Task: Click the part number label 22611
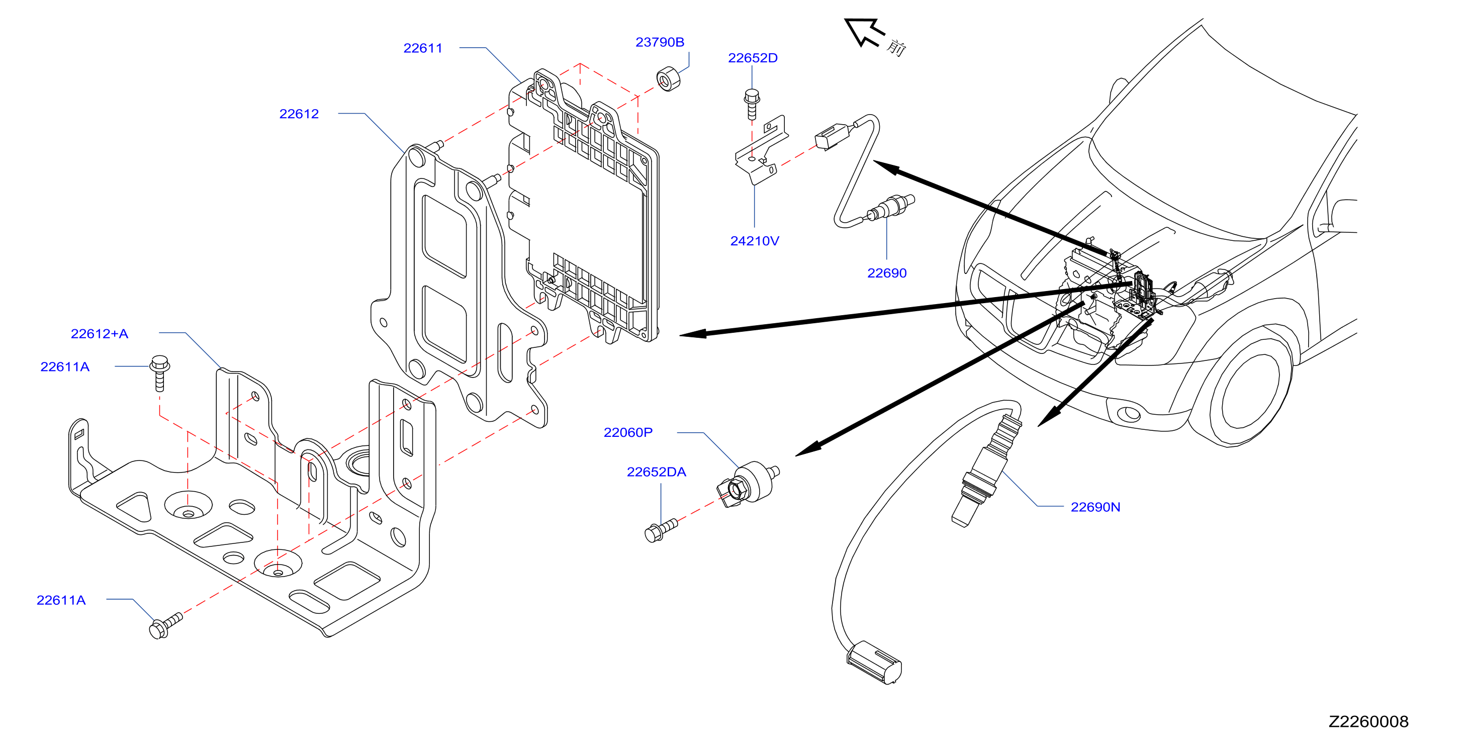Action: point(422,48)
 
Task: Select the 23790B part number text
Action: point(660,42)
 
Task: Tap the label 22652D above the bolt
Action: point(753,58)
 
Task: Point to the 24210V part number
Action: point(755,241)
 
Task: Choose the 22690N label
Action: point(1095,507)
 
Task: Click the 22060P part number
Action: point(628,433)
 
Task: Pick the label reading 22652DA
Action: point(656,472)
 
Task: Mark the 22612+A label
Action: point(100,334)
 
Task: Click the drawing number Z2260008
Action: point(1368,721)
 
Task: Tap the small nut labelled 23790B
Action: point(669,79)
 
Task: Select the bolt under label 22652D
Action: point(752,104)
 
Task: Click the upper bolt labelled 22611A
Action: point(160,373)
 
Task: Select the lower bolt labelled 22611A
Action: point(165,625)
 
